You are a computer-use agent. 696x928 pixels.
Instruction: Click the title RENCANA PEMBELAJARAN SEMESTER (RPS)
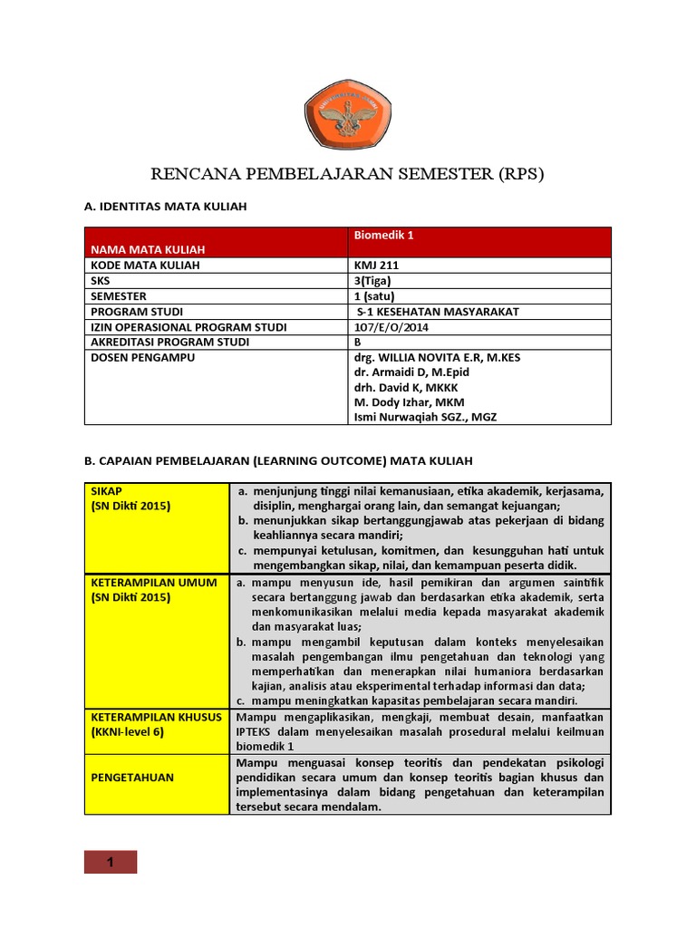tap(347, 174)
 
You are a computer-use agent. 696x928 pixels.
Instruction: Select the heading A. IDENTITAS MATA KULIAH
tap(165, 208)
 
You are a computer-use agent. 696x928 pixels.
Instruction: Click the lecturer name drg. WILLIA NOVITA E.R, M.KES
tap(437, 358)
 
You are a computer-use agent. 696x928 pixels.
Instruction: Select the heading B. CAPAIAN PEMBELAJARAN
tap(278, 460)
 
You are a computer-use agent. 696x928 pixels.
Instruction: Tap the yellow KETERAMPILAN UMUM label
tap(154, 583)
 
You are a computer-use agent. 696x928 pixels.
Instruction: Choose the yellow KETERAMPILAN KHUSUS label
tap(156, 717)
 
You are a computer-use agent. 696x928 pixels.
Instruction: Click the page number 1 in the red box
tap(111, 862)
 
